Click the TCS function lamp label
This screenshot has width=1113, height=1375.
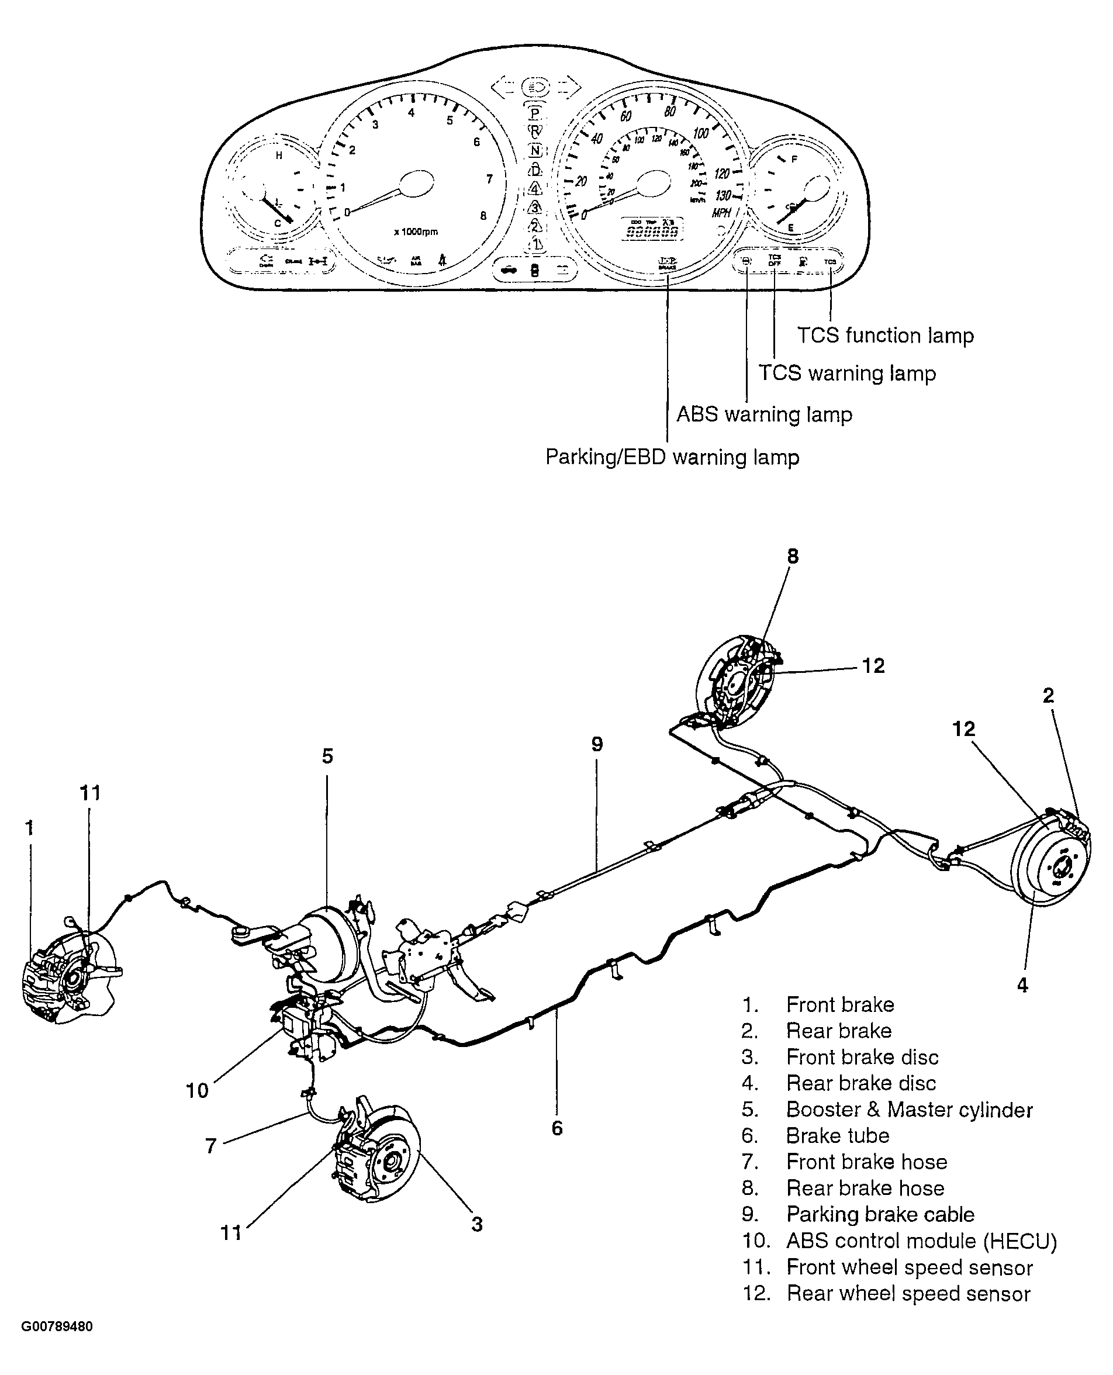[885, 335]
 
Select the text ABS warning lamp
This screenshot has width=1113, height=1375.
[764, 414]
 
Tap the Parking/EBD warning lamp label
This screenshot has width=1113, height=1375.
[672, 457]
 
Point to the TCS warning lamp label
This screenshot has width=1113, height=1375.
[847, 373]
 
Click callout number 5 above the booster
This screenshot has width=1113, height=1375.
[327, 756]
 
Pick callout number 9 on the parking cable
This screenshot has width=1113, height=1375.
[597, 744]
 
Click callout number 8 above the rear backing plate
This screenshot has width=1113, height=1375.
[793, 557]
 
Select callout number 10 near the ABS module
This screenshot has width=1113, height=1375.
[197, 1090]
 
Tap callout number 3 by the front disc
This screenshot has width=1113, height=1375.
[476, 1224]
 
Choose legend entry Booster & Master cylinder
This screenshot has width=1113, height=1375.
[909, 1110]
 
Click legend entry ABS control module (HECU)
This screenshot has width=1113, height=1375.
[921, 1241]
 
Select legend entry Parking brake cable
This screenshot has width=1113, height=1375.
[880, 1214]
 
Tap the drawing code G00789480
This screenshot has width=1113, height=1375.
[57, 1326]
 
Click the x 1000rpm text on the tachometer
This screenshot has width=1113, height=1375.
[416, 232]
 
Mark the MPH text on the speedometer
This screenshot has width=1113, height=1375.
[721, 213]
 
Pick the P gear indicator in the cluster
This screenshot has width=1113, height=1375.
[534, 113]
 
